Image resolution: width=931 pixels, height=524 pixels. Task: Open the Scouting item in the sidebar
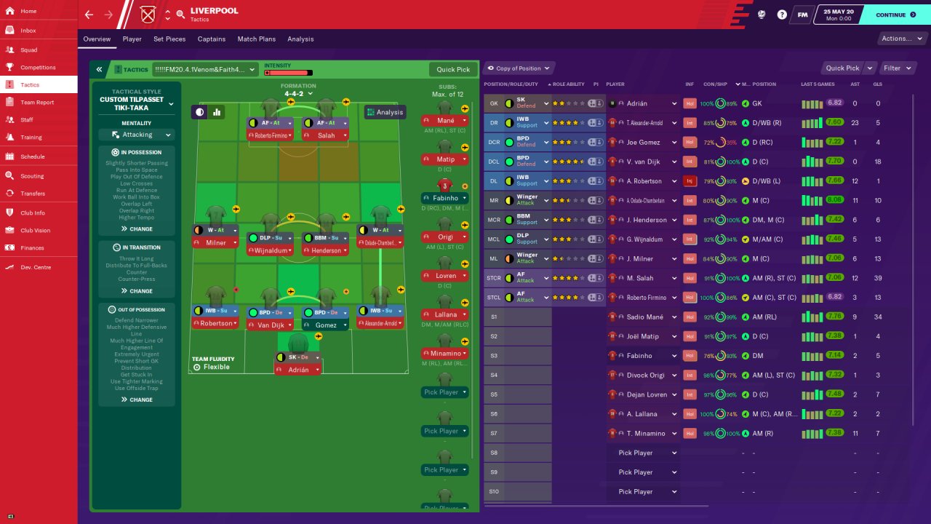pyautogui.click(x=32, y=176)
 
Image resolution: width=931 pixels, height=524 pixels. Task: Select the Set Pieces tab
pyautogui.click(x=169, y=39)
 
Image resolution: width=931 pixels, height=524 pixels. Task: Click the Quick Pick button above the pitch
pyautogui.click(x=453, y=70)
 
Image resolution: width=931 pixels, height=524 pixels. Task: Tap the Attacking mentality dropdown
pyautogui.click(x=137, y=135)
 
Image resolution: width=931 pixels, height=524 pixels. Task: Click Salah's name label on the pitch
pyautogui.click(x=327, y=135)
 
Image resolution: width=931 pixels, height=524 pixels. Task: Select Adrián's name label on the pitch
pyautogui.click(x=299, y=370)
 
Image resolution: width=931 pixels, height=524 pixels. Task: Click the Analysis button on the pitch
pyautogui.click(x=385, y=112)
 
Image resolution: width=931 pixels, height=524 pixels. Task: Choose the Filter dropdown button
pyautogui.click(x=896, y=68)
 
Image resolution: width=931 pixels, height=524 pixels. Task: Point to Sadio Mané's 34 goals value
pyautogui.click(x=877, y=317)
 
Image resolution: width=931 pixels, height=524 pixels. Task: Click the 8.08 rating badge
pyautogui.click(x=834, y=200)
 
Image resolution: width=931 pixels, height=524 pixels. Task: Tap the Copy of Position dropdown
pyautogui.click(x=519, y=68)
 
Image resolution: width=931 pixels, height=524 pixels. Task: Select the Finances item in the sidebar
pyautogui.click(x=32, y=248)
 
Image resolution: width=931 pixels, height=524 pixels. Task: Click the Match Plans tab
pyautogui.click(x=257, y=39)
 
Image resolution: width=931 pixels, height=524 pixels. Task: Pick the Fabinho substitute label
pyautogui.click(x=445, y=198)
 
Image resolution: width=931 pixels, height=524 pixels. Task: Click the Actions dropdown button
pyautogui.click(x=900, y=39)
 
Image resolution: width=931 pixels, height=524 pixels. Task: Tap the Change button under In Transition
pyautogui.click(x=137, y=291)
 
